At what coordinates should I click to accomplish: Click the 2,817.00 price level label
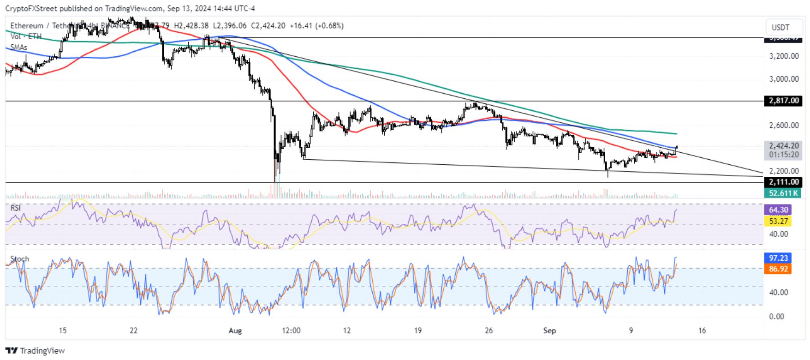pyautogui.click(x=783, y=101)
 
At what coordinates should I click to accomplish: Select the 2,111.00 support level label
pyautogui.click(x=783, y=182)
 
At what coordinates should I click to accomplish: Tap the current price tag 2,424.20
pyautogui.click(x=783, y=146)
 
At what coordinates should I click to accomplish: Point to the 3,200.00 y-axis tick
pyautogui.click(x=784, y=56)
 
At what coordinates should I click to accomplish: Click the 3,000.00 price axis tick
pyautogui.click(x=784, y=79)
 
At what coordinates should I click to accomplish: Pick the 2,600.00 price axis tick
pyautogui.click(x=784, y=125)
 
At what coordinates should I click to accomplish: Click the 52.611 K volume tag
pyautogui.click(x=783, y=193)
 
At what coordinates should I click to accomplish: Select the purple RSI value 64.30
pyautogui.click(x=778, y=210)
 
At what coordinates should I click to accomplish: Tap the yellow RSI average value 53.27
pyautogui.click(x=778, y=221)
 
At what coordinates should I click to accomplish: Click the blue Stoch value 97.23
pyautogui.click(x=778, y=258)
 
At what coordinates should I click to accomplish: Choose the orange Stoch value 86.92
pyautogui.click(x=778, y=269)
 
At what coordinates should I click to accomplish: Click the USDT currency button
pyautogui.click(x=780, y=27)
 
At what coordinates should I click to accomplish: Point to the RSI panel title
pyautogui.click(x=16, y=208)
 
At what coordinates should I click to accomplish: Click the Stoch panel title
pyautogui.click(x=19, y=259)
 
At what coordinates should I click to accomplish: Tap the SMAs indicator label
pyautogui.click(x=19, y=48)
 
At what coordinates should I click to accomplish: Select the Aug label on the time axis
pyautogui.click(x=235, y=330)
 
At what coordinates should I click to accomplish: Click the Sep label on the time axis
pyautogui.click(x=549, y=330)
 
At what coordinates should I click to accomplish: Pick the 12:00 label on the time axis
pyautogui.click(x=291, y=330)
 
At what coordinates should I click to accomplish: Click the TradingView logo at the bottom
pyautogui.click(x=35, y=351)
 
